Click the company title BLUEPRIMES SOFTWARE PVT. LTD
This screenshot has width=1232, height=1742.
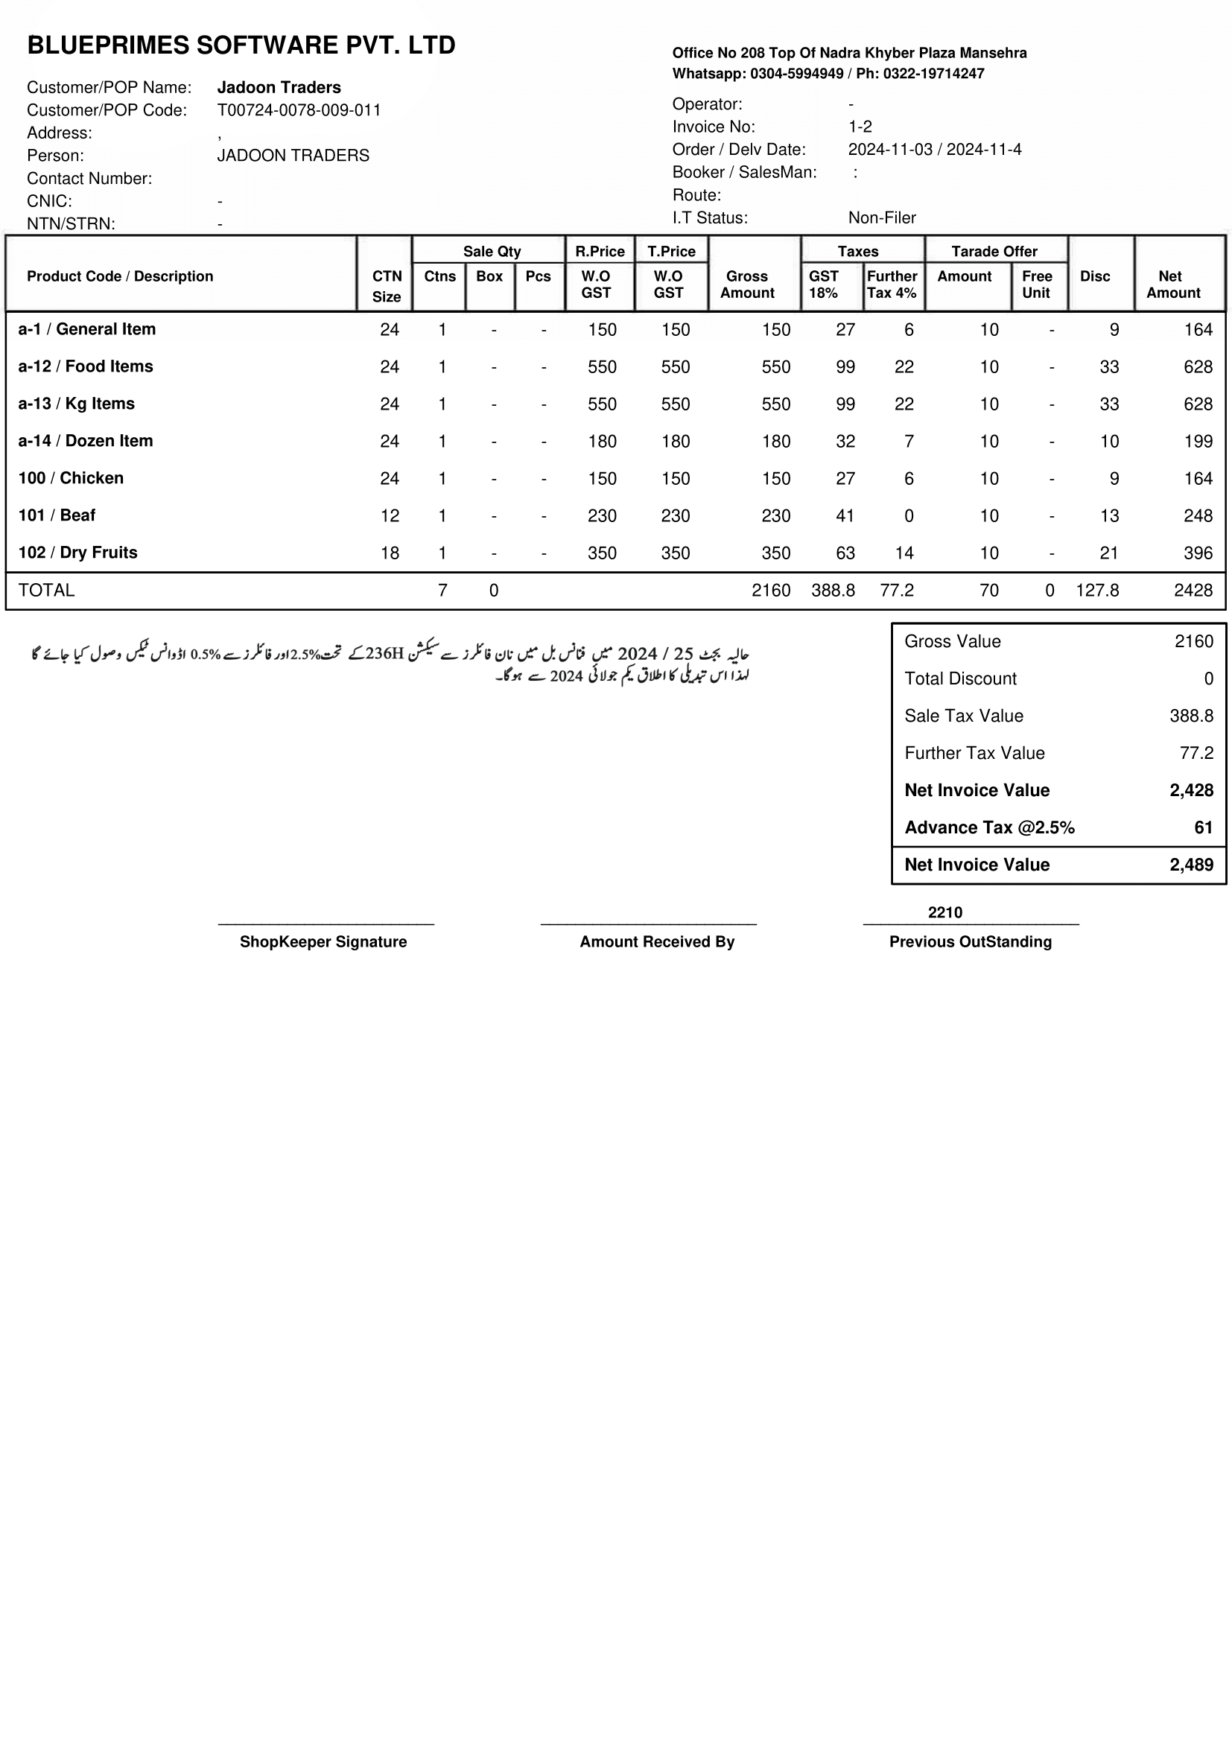241,45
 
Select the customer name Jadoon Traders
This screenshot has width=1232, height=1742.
279,87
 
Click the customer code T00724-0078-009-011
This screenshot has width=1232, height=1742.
299,110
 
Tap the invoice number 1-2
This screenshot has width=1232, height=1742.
860,127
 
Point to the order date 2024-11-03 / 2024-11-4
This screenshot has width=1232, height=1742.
934,150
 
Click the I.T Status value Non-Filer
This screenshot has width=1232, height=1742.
881,217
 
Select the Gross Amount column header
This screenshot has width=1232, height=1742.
746,284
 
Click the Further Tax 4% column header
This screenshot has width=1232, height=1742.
892,284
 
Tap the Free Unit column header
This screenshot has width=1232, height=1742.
1036,284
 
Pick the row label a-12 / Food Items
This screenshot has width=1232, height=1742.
86,366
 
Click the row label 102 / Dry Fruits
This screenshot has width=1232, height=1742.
78,553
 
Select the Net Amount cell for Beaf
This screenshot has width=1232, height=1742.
1197,516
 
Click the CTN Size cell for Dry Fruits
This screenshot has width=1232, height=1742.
389,553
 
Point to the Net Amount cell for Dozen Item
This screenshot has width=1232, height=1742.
1197,442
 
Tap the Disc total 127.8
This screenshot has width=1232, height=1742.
1096,591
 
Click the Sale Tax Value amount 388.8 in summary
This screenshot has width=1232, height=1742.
1191,716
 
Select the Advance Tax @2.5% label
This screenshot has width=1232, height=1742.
989,827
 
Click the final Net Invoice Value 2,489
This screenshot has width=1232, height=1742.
1191,865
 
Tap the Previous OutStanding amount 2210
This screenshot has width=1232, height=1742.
944,912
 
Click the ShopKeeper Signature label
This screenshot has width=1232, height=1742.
323,941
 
